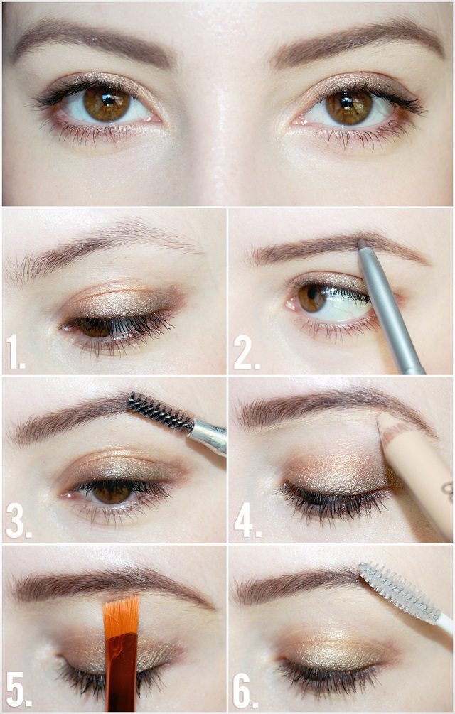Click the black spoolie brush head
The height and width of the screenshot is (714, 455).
tap(159, 411)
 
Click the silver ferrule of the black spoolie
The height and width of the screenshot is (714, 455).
tap(208, 436)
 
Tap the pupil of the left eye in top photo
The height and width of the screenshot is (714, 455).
tap(108, 99)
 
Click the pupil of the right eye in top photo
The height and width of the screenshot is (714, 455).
tap(347, 102)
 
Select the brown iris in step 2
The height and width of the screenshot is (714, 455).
tap(311, 298)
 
